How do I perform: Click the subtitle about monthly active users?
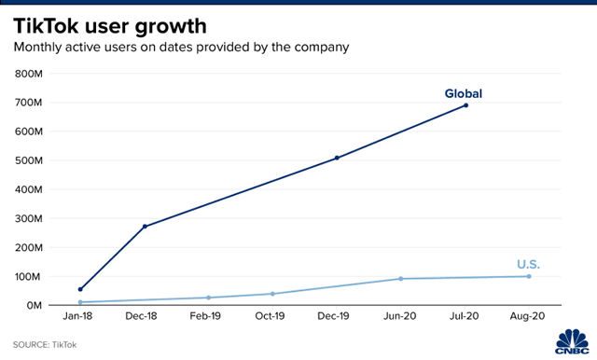[183, 46]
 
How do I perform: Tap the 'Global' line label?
[464, 93]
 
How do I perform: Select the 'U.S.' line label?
[528, 265]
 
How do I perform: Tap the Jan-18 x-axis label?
[80, 317]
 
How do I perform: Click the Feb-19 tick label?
[208, 317]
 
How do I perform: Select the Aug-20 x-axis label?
[529, 317]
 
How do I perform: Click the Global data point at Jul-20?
[465, 105]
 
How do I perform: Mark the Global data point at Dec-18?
[145, 227]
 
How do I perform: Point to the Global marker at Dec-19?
[337, 158]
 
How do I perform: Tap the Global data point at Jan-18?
[80, 289]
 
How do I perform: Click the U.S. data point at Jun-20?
[401, 279]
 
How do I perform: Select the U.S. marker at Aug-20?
[529, 276]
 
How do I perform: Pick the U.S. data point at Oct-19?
[272, 294]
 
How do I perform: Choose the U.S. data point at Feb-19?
[208, 298]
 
